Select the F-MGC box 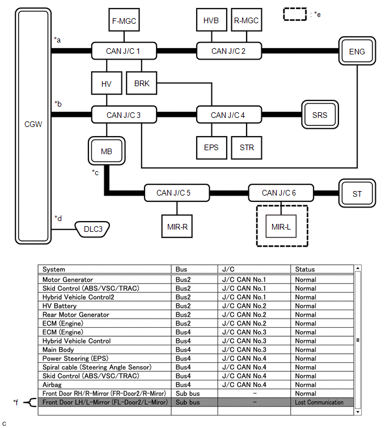[x=124, y=21]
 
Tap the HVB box [x=211, y=21]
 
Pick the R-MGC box [x=246, y=21]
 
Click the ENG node [x=357, y=52]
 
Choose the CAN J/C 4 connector [x=228, y=115]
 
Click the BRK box [x=142, y=83]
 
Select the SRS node [x=320, y=115]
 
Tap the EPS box [x=211, y=147]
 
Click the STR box [x=247, y=147]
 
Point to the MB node [x=107, y=151]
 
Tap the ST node [x=357, y=194]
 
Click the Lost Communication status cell [x=319, y=402]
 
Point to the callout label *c [x=96, y=172]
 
